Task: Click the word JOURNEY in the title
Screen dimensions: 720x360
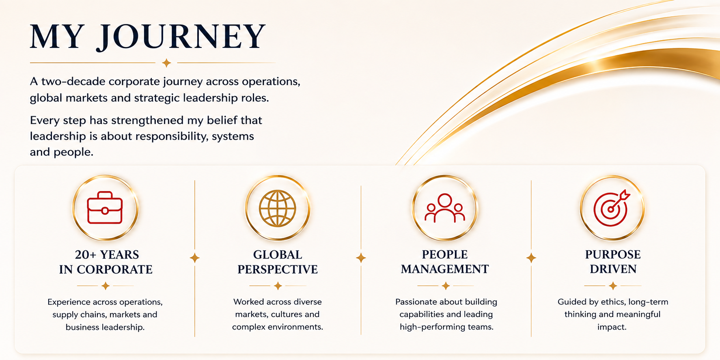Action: coord(181,37)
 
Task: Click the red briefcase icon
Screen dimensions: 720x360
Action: coord(105,208)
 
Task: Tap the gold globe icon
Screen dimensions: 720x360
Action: coord(278,208)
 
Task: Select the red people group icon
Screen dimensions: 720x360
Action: coord(445,208)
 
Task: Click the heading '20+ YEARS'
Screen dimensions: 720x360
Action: coord(107,254)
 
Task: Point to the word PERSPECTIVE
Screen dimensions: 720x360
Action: coord(278,269)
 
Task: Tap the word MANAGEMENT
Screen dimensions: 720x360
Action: coord(445,269)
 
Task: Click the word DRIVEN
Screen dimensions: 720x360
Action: coord(613,269)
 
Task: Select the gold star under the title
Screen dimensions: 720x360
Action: coord(166,63)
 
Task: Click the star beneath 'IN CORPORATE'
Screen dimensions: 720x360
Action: coord(106,286)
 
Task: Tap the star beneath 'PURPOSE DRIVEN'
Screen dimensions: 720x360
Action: coord(613,286)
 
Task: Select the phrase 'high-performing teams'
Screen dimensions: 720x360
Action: coord(446,327)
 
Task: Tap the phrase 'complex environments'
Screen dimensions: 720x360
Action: coord(278,327)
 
